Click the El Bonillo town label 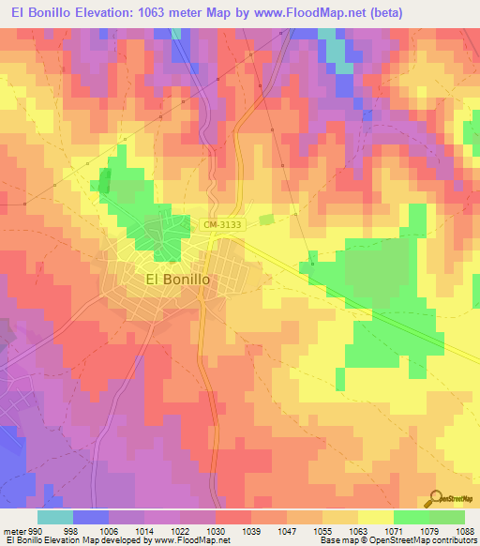(x=177, y=279)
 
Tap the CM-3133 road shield (x=221, y=224)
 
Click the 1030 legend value (x=216, y=530)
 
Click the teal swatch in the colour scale (x=55, y=517)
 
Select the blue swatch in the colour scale (x=91, y=517)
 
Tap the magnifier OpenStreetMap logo (x=435, y=498)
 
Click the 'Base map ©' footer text (x=343, y=540)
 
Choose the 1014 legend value (x=145, y=530)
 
